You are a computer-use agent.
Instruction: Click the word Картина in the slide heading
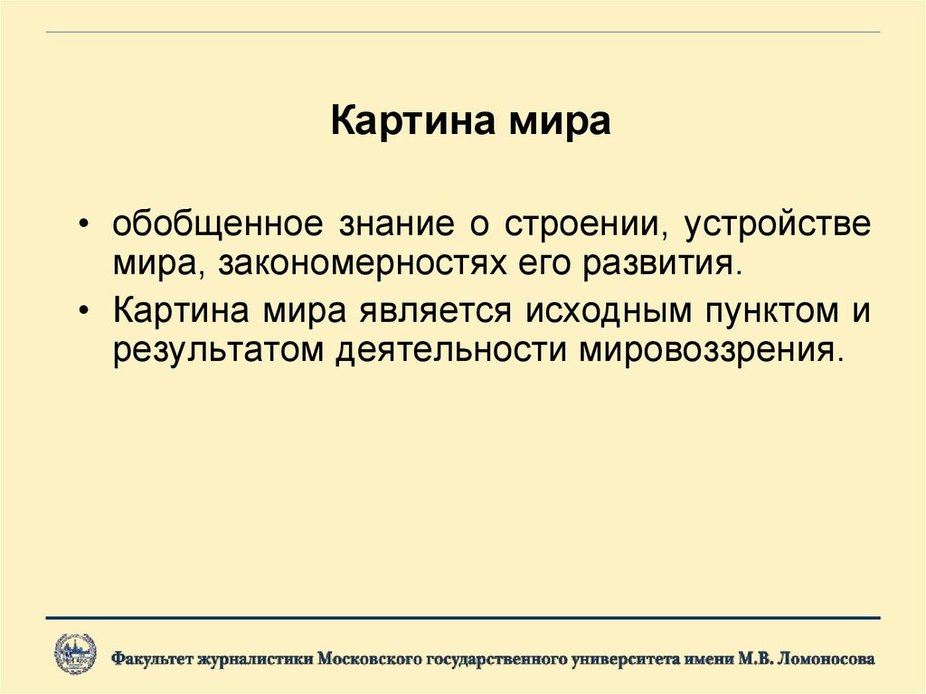click(x=400, y=121)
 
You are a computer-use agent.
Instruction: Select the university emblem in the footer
click(x=75, y=653)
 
